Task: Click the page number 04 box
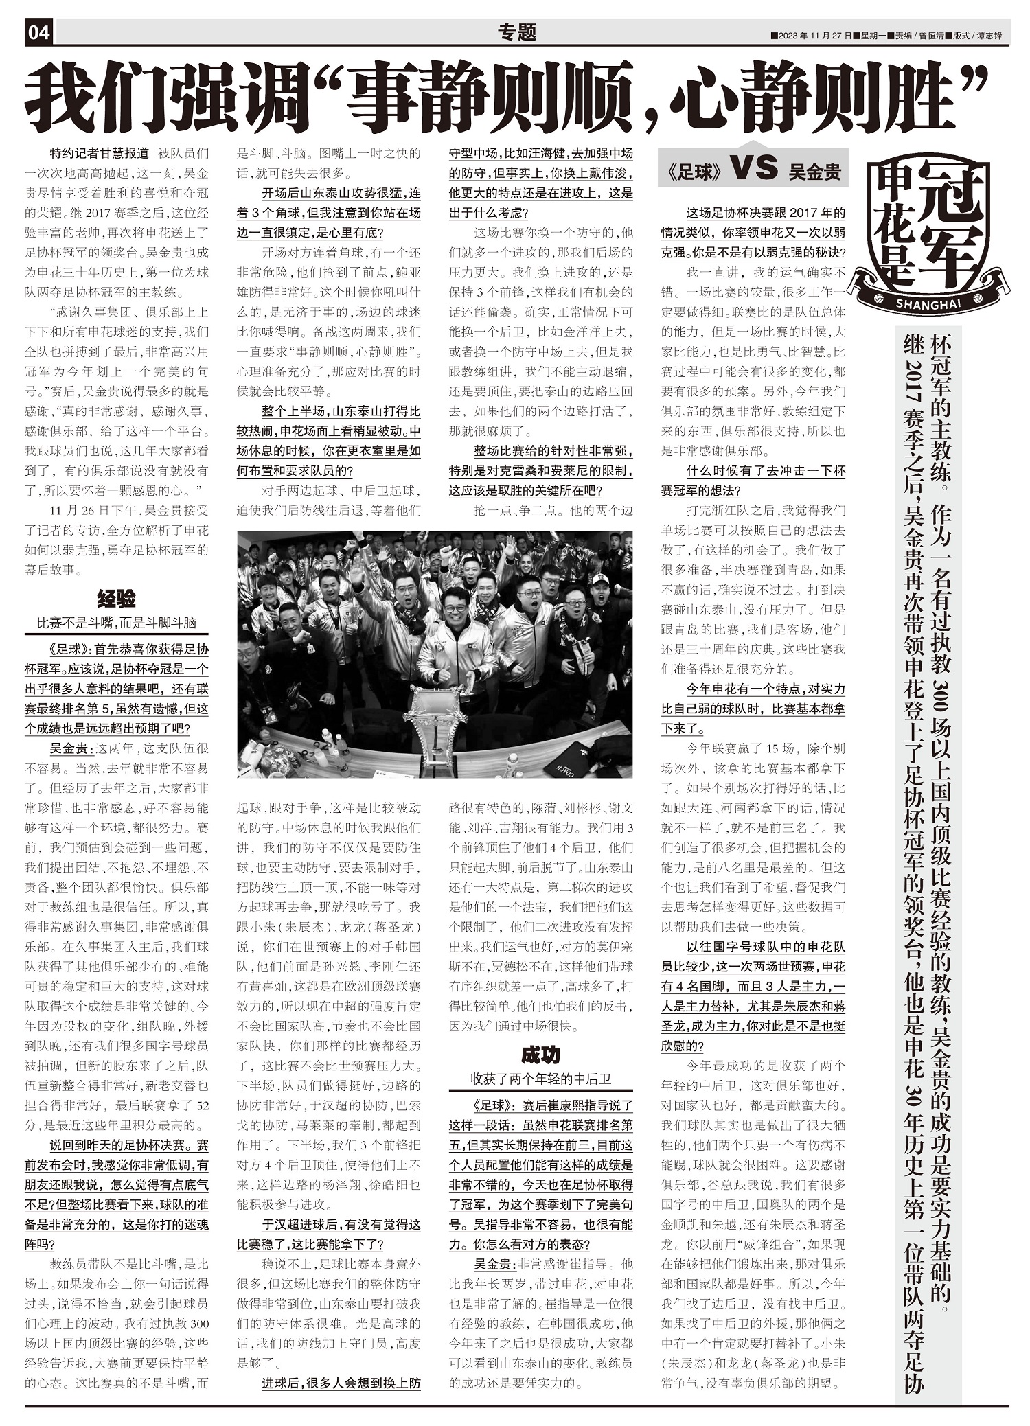pos(39,32)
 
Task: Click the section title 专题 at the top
pos(516,32)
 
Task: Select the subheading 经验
pos(116,599)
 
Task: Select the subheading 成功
pos(540,1055)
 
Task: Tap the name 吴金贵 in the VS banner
pos(814,172)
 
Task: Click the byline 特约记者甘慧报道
pos(100,154)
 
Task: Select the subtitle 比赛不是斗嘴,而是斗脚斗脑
pos(116,623)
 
